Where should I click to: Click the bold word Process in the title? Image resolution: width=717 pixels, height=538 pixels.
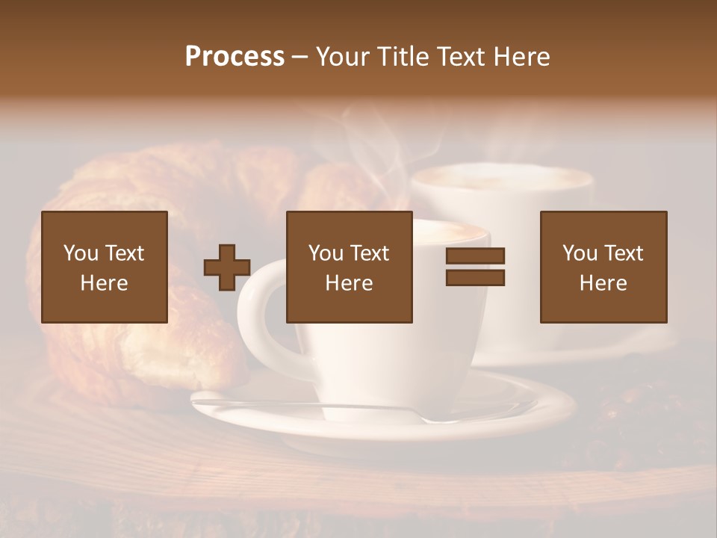click(x=235, y=56)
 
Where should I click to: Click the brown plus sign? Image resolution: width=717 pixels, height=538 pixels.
click(x=227, y=267)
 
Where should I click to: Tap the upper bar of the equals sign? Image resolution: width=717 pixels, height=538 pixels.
click(x=475, y=256)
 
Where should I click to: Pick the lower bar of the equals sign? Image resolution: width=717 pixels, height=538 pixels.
click(x=475, y=278)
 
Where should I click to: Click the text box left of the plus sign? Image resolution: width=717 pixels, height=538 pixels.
click(x=105, y=267)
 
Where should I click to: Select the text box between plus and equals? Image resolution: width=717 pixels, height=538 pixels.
click(x=349, y=267)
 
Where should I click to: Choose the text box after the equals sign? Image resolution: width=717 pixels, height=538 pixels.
click(x=603, y=267)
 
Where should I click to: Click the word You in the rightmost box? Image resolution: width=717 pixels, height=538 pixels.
click(x=580, y=253)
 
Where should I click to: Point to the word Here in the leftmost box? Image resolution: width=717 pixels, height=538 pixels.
click(x=104, y=283)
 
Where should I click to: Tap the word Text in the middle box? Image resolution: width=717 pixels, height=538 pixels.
click(x=370, y=253)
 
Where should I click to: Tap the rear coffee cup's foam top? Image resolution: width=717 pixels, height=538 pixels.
click(x=500, y=179)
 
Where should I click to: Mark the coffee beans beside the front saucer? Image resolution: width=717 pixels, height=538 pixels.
click(x=635, y=411)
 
